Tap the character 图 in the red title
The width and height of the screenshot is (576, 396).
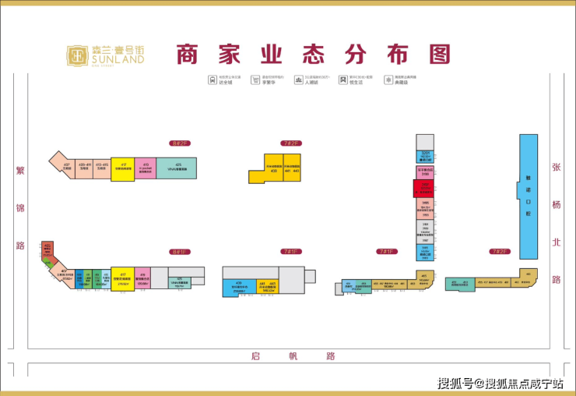(x=439, y=55)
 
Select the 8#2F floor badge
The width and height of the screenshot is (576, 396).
(x=181, y=143)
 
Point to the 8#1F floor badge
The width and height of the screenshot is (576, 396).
(x=181, y=252)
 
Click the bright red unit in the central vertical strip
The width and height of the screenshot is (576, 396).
(x=425, y=189)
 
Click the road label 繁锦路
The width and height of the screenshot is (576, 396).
(x=21, y=207)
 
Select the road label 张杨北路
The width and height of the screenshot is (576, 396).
(x=556, y=222)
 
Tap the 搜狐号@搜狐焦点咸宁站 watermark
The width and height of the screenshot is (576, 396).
(x=500, y=383)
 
